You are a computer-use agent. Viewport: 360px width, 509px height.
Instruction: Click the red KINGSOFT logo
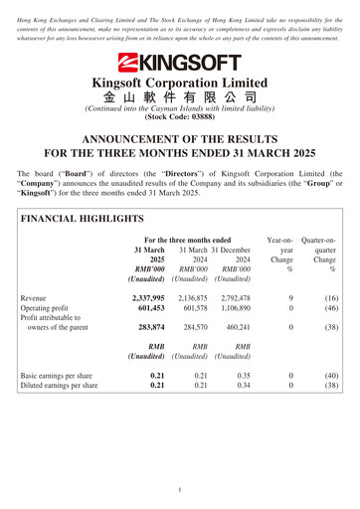click(x=180, y=63)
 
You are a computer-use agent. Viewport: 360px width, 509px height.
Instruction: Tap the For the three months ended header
click(x=188, y=240)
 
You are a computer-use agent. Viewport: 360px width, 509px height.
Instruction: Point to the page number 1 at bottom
click(x=180, y=489)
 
